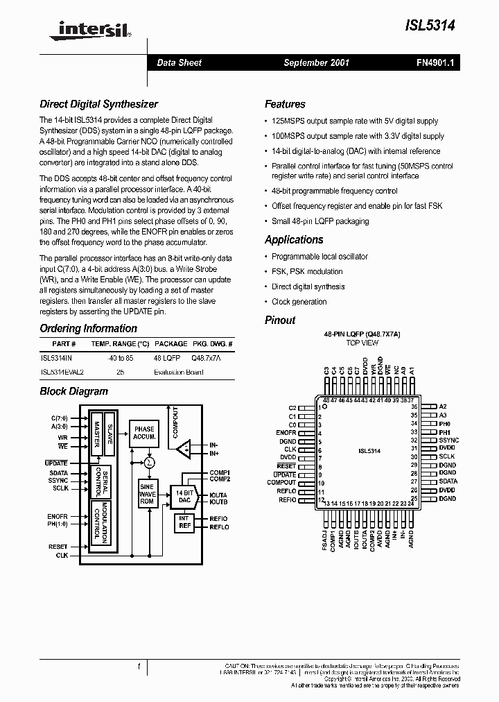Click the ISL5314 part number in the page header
tap(431, 24)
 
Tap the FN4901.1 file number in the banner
tap(435, 62)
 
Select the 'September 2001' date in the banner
tap(317, 62)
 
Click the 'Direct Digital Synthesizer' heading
tap(98, 104)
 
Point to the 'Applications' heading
tap(294, 239)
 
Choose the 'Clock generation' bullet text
tap(299, 302)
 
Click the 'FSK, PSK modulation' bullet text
tap(307, 271)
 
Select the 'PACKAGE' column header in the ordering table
tap(170, 343)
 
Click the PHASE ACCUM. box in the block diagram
tap(144, 433)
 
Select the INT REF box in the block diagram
tap(184, 522)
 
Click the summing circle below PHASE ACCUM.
tap(148, 461)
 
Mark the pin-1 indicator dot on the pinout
tap(326, 406)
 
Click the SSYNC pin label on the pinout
tap(448, 440)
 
